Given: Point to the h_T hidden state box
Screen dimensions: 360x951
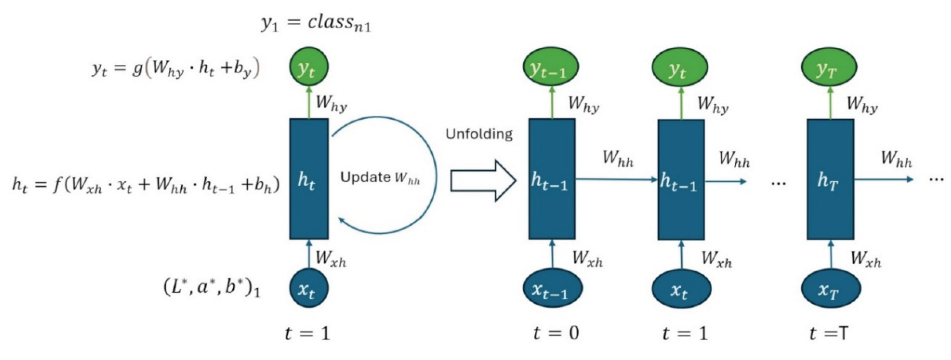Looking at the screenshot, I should point(830,179).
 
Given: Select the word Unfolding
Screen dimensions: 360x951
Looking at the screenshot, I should point(479,134).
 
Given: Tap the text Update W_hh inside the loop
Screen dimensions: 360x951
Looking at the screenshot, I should point(380,178).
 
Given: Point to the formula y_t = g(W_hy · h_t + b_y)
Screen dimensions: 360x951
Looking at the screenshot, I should point(176,69).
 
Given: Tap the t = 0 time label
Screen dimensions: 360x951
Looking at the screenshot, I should point(556,333).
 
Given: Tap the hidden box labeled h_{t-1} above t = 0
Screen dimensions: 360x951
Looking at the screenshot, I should point(552,179).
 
